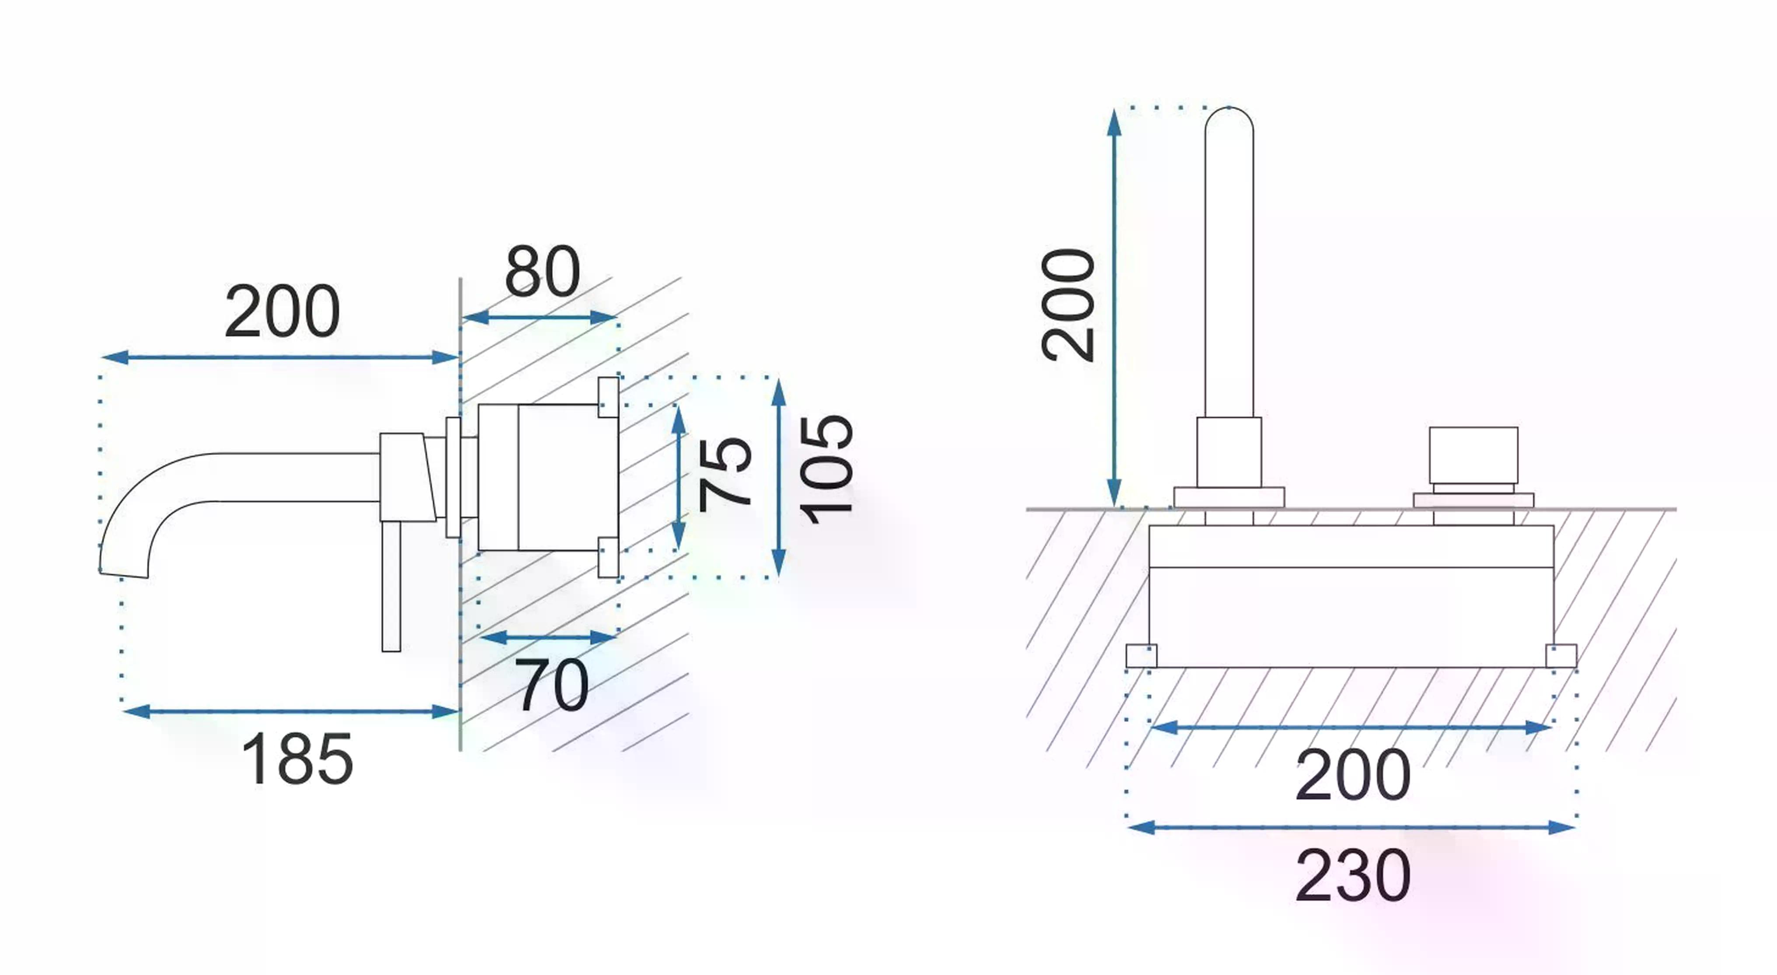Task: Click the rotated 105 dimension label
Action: coord(826,469)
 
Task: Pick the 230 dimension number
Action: coord(1353,876)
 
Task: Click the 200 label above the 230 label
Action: coord(1353,775)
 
